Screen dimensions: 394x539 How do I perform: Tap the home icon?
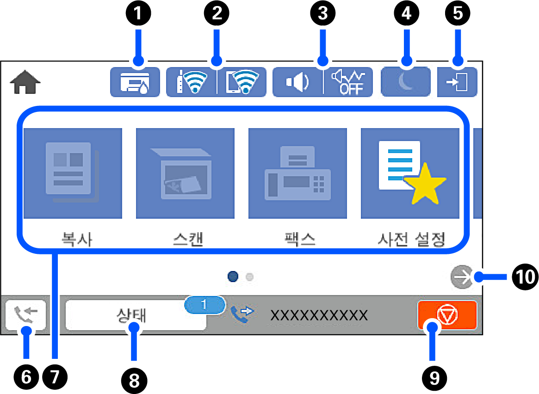click(x=25, y=83)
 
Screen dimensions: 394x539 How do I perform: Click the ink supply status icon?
click(x=135, y=82)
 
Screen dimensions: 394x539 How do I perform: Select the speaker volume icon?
click(x=297, y=83)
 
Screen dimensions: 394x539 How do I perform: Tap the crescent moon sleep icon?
click(x=405, y=82)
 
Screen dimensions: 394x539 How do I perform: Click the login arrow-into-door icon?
click(x=457, y=83)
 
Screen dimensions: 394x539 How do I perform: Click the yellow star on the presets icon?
click(x=425, y=185)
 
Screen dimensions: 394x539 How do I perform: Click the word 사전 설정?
click(x=410, y=239)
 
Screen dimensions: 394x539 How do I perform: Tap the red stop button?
click(x=446, y=315)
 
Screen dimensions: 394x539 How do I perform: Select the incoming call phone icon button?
click(x=26, y=315)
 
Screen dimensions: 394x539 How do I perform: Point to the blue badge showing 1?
click(x=204, y=305)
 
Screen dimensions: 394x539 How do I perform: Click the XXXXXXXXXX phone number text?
click(x=319, y=315)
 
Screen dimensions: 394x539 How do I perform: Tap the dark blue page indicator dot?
click(x=234, y=277)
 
